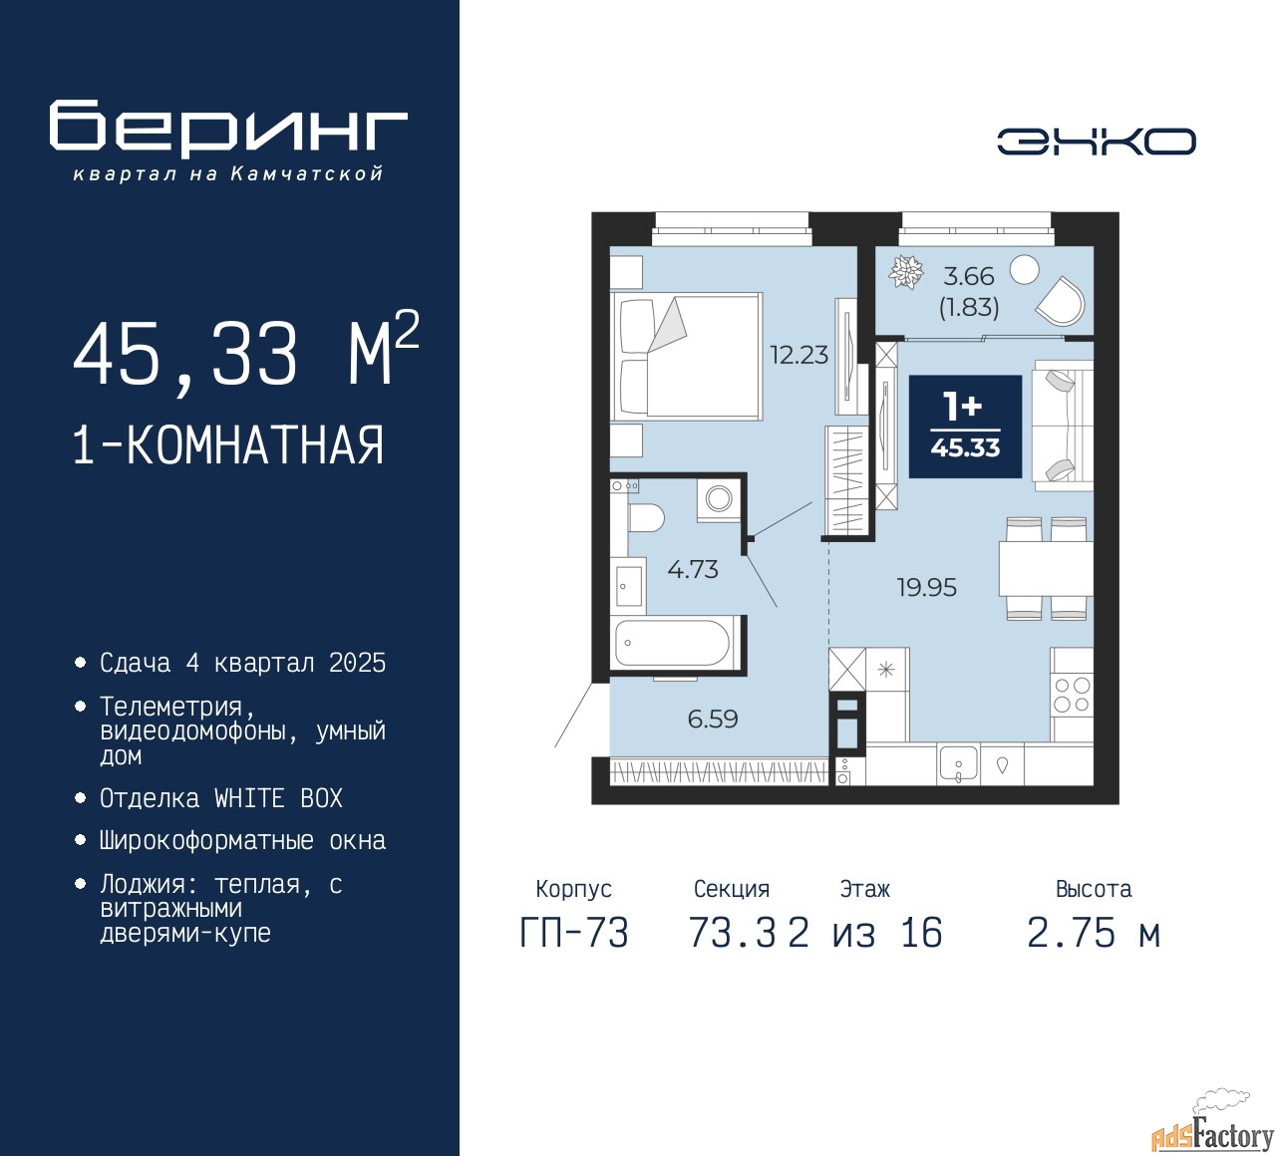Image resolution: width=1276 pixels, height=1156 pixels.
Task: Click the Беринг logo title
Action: (227, 128)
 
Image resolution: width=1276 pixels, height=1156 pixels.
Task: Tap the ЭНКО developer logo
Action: (1096, 142)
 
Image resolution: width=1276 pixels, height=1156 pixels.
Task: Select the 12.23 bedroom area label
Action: (798, 355)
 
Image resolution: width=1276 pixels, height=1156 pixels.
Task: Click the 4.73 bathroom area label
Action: (693, 569)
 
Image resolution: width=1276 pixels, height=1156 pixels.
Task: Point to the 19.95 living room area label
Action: (927, 588)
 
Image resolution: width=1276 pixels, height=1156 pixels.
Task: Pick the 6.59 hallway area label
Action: (713, 720)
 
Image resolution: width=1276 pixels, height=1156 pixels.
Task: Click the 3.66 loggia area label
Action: (969, 277)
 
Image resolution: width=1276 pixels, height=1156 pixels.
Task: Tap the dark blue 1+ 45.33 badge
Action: (965, 427)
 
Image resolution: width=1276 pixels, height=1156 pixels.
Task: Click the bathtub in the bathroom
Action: (673, 643)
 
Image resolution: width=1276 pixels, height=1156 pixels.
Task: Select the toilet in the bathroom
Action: (646, 518)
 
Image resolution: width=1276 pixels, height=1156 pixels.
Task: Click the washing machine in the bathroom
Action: (718, 499)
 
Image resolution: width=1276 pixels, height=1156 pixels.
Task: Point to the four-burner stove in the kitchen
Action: (1072, 694)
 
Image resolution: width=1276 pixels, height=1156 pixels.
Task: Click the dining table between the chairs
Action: (1045, 568)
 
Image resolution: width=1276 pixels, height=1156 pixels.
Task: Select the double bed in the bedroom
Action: (686, 356)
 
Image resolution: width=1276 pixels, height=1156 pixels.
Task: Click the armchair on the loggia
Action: (1060, 301)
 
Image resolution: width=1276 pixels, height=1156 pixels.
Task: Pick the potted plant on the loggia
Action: (906, 271)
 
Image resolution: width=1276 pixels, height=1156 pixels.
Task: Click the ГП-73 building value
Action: (574, 933)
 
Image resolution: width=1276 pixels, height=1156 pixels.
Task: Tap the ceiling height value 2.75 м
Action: (1094, 933)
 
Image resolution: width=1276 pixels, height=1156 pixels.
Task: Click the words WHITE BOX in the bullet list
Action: (278, 798)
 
